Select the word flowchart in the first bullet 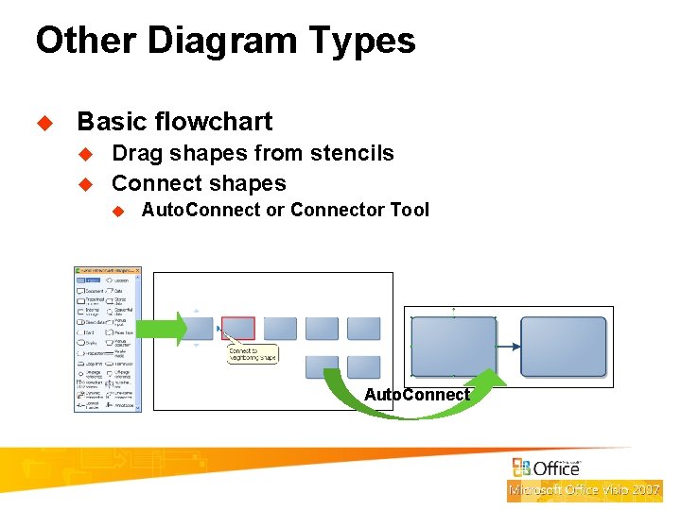(214, 122)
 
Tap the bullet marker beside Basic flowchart (42, 123)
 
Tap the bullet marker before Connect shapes (83, 184)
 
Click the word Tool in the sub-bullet (409, 210)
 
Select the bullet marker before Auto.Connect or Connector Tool (118, 211)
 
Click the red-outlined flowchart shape (237, 328)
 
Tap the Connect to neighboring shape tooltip (252, 354)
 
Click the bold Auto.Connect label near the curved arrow (417, 395)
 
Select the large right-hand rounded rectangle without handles (564, 347)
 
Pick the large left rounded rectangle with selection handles (454, 347)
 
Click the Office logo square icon (521, 467)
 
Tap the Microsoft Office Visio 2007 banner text (584, 490)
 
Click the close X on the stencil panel (137, 271)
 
